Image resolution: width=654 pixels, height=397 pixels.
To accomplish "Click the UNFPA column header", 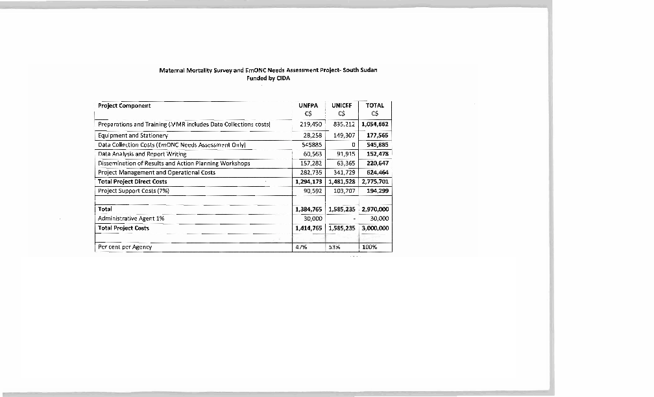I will point(308,105).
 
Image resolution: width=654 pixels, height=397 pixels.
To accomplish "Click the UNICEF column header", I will point(342,105).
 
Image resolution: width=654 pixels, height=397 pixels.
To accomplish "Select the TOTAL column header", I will point(375,105).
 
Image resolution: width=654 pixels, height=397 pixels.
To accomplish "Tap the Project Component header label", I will point(124,106).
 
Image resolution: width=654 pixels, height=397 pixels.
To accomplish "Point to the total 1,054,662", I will point(375,123).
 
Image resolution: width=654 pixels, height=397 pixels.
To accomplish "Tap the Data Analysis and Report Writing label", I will point(141,154).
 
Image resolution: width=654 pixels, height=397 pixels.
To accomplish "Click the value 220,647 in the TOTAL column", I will point(377,163).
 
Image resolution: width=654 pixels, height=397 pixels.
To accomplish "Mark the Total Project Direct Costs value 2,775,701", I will point(375,182).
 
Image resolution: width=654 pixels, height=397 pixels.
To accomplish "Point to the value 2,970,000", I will point(375,210).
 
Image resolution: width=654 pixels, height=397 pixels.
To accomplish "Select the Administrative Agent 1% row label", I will point(130,219).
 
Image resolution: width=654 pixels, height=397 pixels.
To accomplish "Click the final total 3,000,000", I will point(375,228).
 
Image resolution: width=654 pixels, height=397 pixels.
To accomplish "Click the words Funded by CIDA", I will point(268,78).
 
